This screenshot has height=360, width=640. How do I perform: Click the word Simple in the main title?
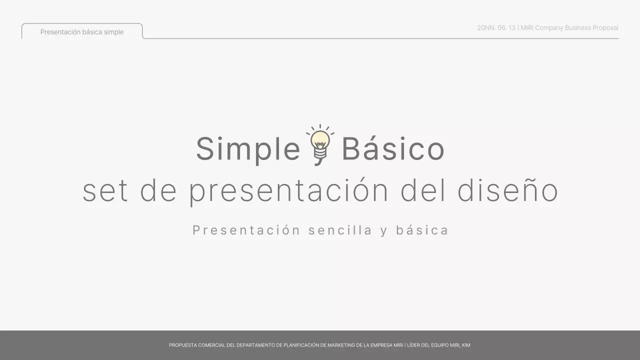(247, 149)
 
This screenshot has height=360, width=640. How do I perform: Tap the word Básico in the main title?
(393, 149)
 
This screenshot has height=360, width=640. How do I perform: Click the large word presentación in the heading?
(288, 191)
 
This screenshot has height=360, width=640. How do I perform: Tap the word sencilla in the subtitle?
(340, 230)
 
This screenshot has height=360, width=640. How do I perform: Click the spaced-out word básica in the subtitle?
(422, 230)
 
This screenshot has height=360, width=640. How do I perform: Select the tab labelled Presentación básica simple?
(82, 32)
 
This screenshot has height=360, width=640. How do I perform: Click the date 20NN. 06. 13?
(496, 28)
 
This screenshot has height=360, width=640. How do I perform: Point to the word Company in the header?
(549, 28)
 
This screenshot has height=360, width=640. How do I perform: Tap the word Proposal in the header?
(605, 28)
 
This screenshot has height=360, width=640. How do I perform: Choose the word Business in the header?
(578, 28)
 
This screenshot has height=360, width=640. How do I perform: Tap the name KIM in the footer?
(466, 345)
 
